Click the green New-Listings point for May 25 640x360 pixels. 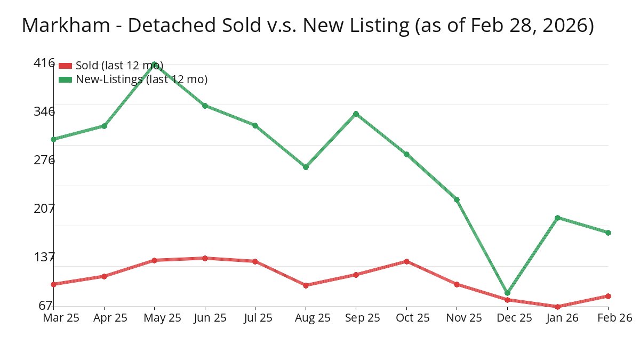(155, 64)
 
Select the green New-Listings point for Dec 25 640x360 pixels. (507, 293)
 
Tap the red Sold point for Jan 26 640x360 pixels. (558, 307)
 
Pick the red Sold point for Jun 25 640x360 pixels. (205, 258)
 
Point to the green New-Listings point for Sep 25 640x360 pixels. (356, 114)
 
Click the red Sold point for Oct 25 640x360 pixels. (406, 261)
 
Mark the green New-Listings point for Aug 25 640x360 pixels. (306, 167)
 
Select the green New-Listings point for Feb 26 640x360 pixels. (608, 233)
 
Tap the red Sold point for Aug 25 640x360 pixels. (306, 285)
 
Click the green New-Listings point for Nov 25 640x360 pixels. (457, 199)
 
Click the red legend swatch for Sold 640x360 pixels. (65, 66)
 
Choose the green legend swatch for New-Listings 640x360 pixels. (65, 79)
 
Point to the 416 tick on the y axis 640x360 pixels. (44, 63)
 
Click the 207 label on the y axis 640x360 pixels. (44, 208)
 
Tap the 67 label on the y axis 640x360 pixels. (45, 306)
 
